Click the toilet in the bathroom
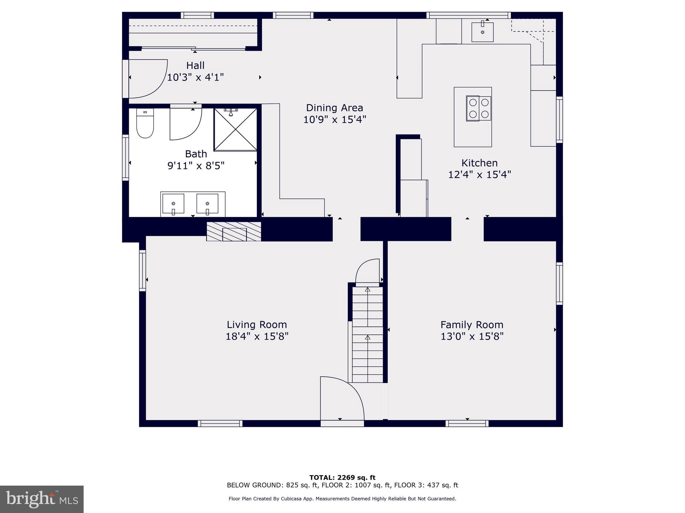tap(145, 124)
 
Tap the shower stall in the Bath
tap(235, 130)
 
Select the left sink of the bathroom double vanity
tap(173, 203)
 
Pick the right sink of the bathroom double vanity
tap(207, 203)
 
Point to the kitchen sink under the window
tap(482, 32)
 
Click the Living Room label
tap(257, 324)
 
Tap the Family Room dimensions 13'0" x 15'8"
tap(472, 336)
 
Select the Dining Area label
tap(334, 108)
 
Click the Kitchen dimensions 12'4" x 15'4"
tap(479, 174)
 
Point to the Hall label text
tap(195, 65)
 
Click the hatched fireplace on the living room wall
tap(234, 231)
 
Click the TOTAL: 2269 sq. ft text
tap(342, 477)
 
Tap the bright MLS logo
tap(42, 499)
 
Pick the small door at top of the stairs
tap(368, 272)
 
